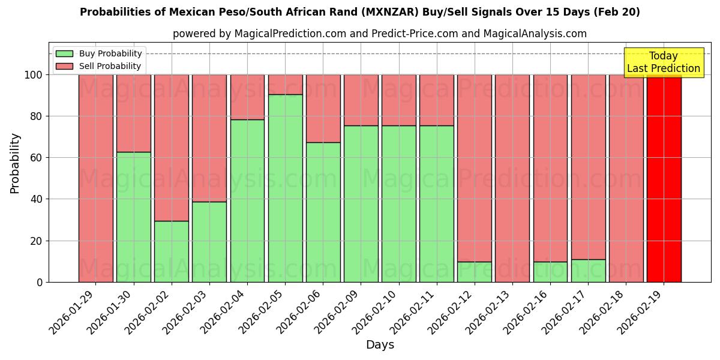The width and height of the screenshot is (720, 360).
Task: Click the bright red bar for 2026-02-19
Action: click(x=664, y=178)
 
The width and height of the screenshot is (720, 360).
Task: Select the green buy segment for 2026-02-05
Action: click(x=285, y=188)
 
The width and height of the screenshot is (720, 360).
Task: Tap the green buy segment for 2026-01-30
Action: click(x=134, y=217)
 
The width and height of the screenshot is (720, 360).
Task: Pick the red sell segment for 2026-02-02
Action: click(x=172, y=148)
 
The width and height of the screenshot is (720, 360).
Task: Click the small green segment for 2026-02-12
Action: click(x=475, y=272)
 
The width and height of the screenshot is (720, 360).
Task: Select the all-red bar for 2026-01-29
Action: click(x=96, y=178)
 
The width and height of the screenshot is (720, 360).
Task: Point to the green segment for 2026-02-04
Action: click(x=247, y=200)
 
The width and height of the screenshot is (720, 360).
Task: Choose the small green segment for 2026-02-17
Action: click(x=588, y=271)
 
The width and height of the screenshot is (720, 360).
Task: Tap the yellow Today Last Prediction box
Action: click(x=663, y=62)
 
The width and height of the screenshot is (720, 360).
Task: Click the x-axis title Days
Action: click(x=380, y=345)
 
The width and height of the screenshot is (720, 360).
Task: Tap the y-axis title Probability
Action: click(x=15, y=163)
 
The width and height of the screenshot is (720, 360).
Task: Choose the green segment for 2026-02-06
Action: click(x=323, y=212)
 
